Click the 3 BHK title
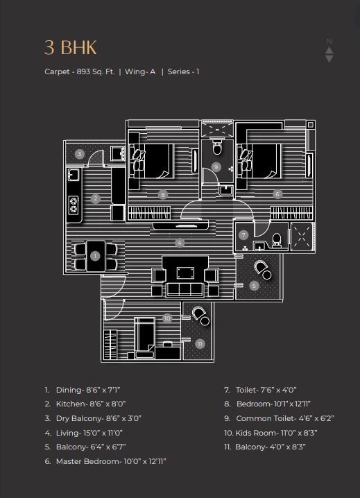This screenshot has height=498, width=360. pyautogui.click(x=70, y=48)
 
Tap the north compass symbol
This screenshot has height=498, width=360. pyautogui.click(x=329, y=51)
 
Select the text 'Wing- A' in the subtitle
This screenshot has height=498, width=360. pyautogui.click(x=140, y=71)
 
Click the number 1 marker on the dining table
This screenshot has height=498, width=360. pyautogui.click(x=95, y=256)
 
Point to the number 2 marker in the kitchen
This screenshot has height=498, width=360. pyautogui.click(x=95, y=199)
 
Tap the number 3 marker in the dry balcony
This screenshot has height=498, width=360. pyautogui.click(x=80, y=155)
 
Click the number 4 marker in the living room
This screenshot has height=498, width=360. pyautogui.click(x=180, y=243)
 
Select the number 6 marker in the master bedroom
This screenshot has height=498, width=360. pyautogui.click(x=277, y=194)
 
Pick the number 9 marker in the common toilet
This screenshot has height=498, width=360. pyautogui.click(x=216, y=166)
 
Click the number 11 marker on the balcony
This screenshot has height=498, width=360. pyautogui.click(x=200, y=344)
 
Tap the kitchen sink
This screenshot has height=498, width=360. pyautogui.click(x=74, y=175)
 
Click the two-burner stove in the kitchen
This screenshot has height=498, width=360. pyautogui.click(x=74, y=205)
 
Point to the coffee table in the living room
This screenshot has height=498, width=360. pyautogui.click(x=185, y=273)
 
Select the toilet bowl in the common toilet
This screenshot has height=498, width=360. pyautogui.click(x=217, y=147)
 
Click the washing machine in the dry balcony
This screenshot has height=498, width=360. pyautogui.click(x=118, y=153)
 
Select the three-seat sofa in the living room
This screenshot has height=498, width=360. pyautogui.click(x=185, y=289)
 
